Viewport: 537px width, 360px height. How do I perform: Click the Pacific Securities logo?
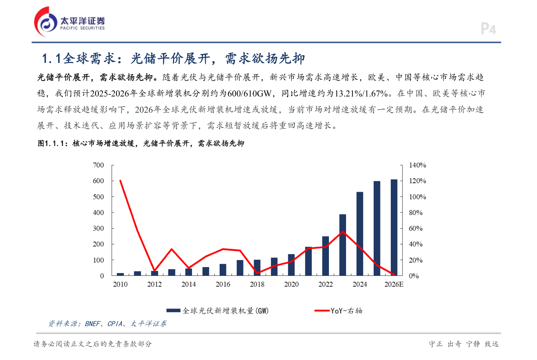click(69, 22)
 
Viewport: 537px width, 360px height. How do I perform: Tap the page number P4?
click(488, 29)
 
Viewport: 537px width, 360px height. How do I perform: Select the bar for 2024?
click(360, 234)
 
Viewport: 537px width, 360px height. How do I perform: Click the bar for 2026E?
click(394, 227)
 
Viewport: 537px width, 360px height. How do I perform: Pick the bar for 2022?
click(326, 256)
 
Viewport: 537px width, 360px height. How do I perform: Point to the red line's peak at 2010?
click(120, 181)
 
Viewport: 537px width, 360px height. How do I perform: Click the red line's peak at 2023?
click(343, 232)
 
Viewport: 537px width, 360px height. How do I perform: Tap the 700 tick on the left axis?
click(98, 165)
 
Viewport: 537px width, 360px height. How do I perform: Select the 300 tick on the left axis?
click(98, 228)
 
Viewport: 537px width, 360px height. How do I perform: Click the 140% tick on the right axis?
click(417, 165)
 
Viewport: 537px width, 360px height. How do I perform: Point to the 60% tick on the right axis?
click(415, 228)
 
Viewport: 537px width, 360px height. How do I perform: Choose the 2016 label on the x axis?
click(223, 284)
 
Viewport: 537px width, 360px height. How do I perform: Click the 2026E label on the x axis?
click(394, 284)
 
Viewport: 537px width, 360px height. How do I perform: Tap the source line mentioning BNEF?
click(107, 324)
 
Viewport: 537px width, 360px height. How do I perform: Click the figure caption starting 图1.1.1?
click(141, 143)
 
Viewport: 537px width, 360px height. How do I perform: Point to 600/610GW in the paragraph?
click(249, 93)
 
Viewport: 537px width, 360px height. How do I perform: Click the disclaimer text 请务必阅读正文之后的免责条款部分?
click(92, 344)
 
